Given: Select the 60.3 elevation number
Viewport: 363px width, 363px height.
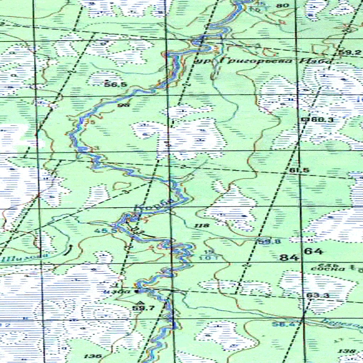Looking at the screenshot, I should click(322, 120).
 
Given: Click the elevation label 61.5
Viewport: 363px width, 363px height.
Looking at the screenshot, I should click(299, 171).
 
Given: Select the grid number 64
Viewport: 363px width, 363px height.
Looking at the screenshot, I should click(313, 252).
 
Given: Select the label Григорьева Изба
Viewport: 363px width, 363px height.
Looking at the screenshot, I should click(264, 61).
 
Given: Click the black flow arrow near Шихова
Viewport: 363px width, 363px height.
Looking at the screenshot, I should click(69, 250).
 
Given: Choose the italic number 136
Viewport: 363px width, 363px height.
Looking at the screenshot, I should click(93, 356).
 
